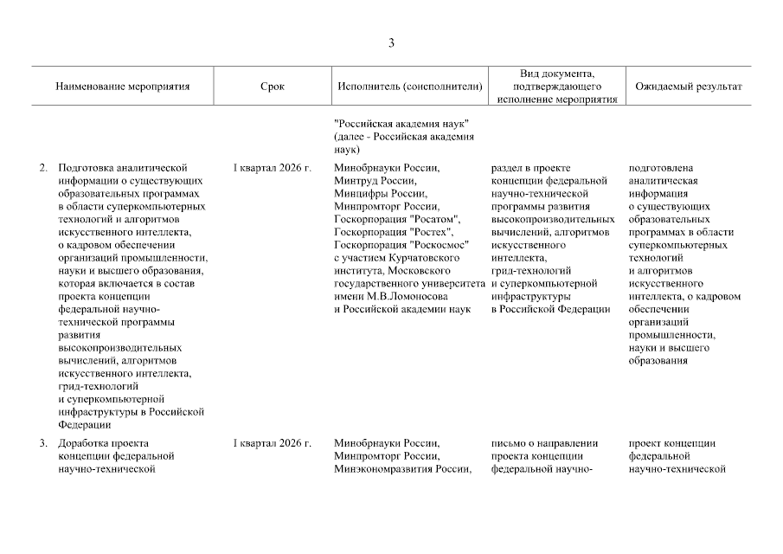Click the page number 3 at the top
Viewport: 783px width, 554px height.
391,43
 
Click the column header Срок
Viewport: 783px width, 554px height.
271,87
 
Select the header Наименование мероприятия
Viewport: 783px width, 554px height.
122,87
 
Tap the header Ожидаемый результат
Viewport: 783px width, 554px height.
689,87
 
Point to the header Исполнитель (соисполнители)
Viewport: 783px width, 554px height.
406,87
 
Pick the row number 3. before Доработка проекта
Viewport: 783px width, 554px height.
43,443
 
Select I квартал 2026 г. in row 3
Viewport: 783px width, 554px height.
272,443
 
